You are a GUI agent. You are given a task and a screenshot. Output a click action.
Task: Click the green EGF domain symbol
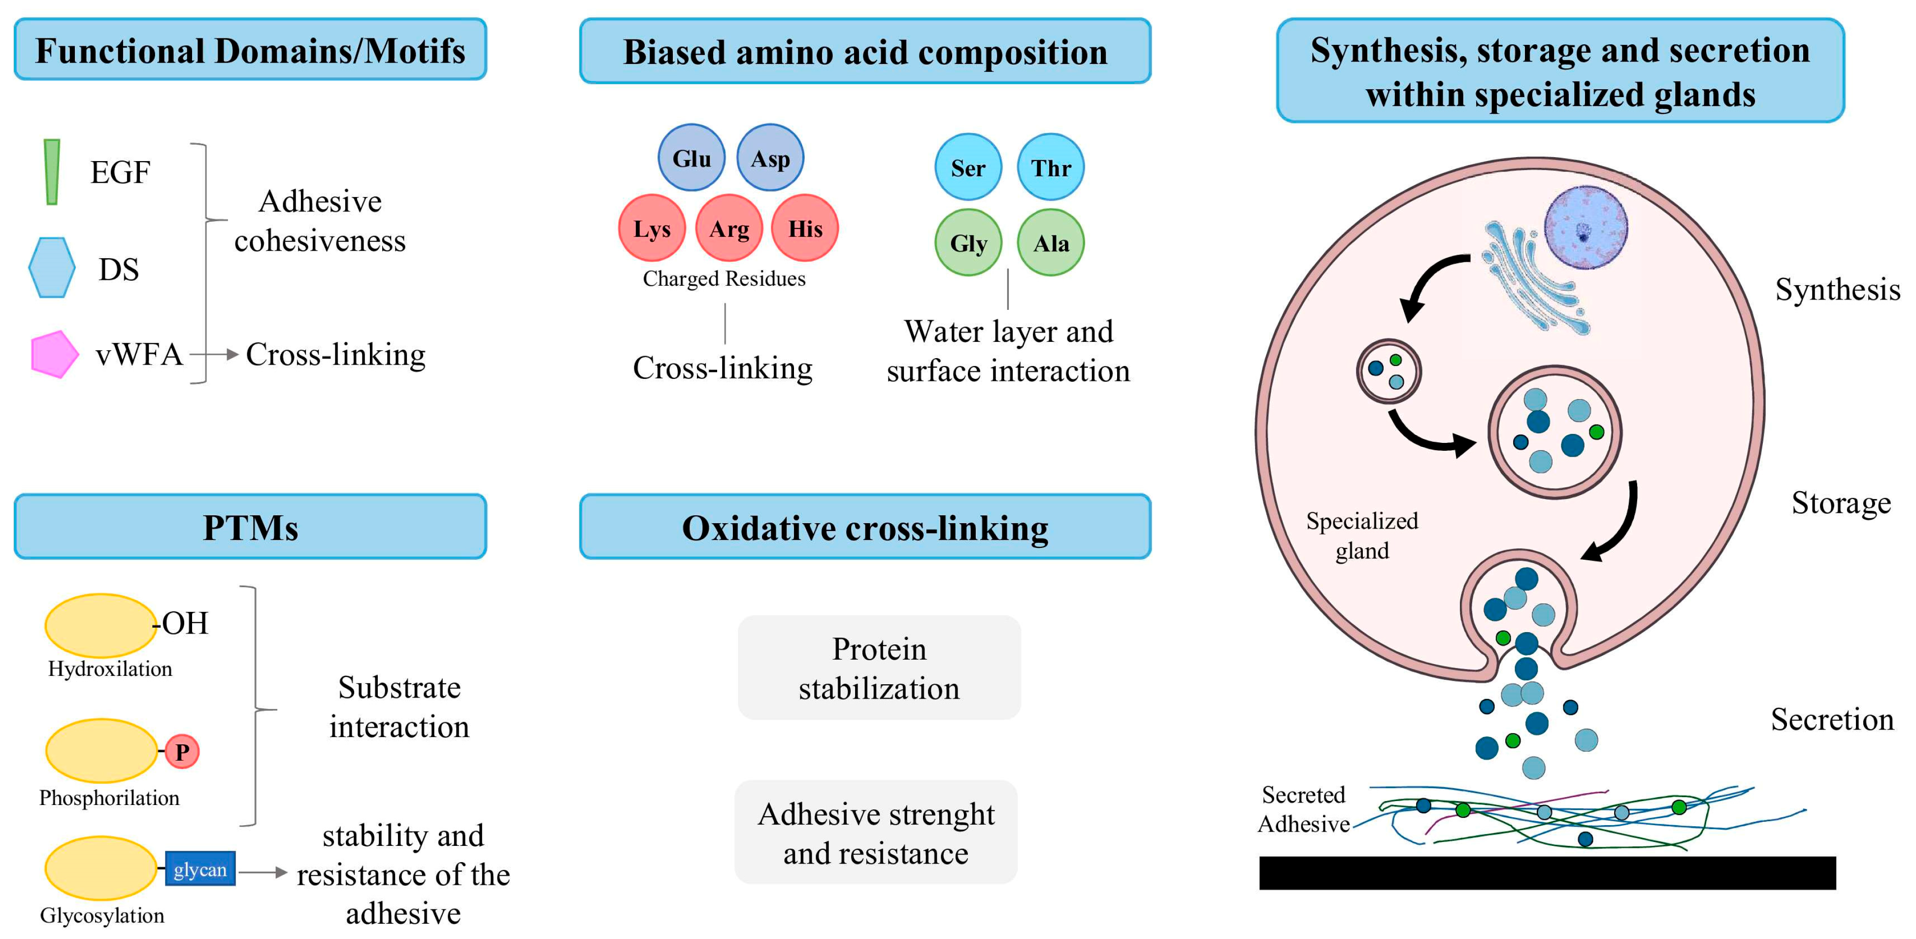tap(51, 171)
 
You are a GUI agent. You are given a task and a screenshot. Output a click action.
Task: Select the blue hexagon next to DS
tap(51, 268)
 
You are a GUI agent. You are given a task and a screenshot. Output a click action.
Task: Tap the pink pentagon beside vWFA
tap(54, 354)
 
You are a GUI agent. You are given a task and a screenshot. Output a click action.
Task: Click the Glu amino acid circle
tap(691, 158)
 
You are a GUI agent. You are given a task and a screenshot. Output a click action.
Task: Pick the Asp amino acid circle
tap(770, 158)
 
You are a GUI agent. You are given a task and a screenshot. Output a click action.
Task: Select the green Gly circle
tap(968, 242)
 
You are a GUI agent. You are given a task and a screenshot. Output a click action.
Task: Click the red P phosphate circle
tap(182, 751)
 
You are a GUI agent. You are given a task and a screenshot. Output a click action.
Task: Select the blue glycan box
tap(200, 869)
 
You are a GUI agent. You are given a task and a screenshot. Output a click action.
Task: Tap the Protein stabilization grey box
tap(879, 668)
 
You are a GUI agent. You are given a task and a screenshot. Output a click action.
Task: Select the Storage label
tap(1841, 503)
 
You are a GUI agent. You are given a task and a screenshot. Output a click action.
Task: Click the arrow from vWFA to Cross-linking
tap(214, 355)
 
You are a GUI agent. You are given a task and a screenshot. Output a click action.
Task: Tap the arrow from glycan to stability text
tap(263, 872)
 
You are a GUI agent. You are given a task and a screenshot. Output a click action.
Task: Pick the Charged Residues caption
tap(724, 279)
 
